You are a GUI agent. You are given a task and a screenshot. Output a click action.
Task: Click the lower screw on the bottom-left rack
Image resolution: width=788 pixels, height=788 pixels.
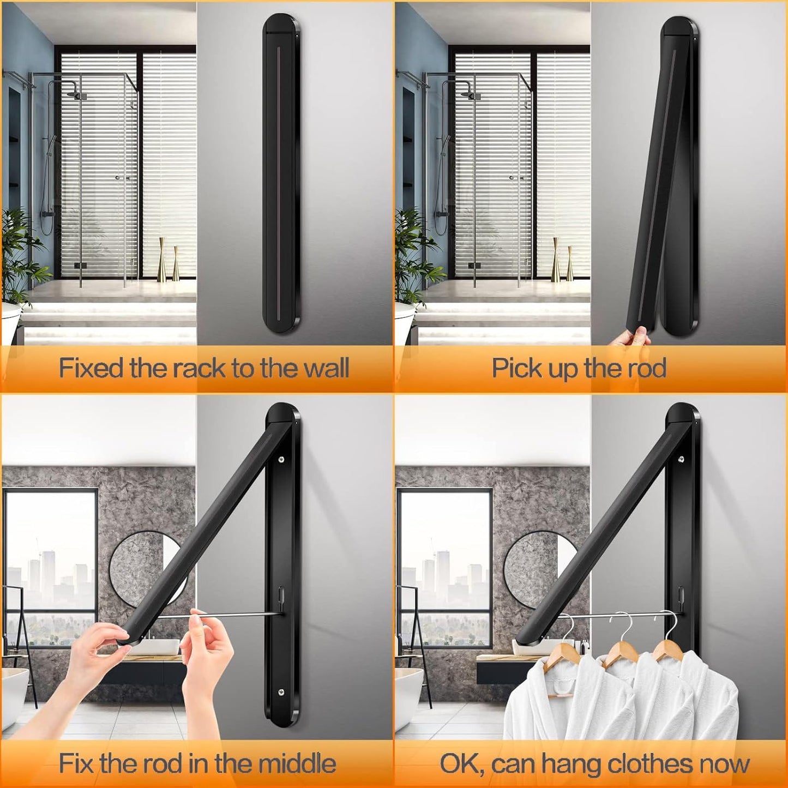(281, 692)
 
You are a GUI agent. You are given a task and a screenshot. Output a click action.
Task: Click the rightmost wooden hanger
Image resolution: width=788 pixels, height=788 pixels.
(666, 644)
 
